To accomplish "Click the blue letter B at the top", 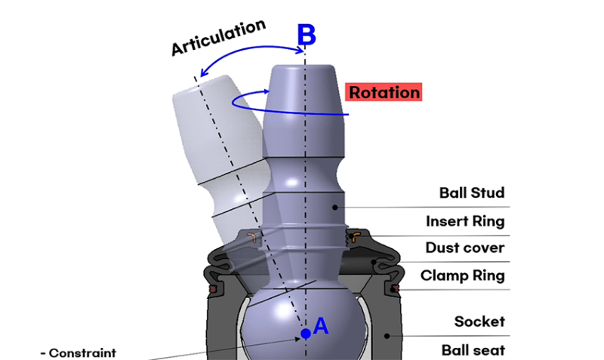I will (305, 35).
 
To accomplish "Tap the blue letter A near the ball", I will (320, 325).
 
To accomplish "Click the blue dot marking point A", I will (305, 333).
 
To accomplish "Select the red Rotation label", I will (384, 92).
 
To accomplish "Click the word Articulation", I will (218, 37).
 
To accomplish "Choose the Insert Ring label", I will (465, 221).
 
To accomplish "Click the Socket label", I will (479, 322).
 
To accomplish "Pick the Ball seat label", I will (473, 349).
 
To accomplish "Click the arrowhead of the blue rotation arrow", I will (267, 93).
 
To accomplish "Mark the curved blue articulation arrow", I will (249, 56).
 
